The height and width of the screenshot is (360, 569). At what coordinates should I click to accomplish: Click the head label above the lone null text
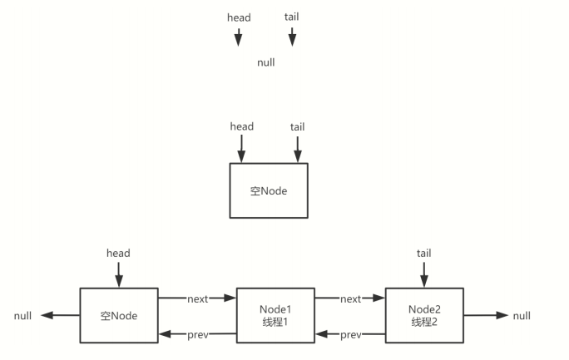(239, 17)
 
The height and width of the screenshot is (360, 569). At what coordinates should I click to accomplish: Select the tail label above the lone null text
(291, 17)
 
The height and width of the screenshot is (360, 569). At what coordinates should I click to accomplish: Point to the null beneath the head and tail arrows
(265, 62)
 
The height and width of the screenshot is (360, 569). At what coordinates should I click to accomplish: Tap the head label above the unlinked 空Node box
(241, 126)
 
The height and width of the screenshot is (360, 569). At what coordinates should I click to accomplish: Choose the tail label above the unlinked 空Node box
(297, 126)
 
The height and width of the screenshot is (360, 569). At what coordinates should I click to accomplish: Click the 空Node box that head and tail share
(268, 190)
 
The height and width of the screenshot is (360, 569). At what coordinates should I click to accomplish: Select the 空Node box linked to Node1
(118, 315)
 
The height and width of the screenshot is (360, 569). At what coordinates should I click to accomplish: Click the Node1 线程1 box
(275, 315)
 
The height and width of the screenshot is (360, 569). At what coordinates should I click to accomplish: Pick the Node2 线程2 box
(423, 315)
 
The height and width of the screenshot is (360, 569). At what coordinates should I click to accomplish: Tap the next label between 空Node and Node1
(197, 298)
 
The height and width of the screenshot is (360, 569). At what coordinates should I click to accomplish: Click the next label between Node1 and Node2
(350, 298)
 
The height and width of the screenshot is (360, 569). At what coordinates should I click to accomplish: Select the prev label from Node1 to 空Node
(197, 335)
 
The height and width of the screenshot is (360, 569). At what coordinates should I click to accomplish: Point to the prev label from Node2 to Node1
(350, 335)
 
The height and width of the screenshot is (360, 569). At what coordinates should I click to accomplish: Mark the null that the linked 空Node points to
(24, 316)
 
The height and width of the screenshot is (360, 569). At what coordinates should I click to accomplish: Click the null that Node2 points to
(522, 316)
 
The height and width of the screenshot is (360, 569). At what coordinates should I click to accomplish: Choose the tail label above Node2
(423, 253)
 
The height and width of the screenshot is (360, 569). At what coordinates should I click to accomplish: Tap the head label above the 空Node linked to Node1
(118, 253)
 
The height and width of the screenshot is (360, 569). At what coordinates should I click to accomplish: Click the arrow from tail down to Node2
(423, 274)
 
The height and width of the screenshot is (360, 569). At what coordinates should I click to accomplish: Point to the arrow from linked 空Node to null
(60, 316)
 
